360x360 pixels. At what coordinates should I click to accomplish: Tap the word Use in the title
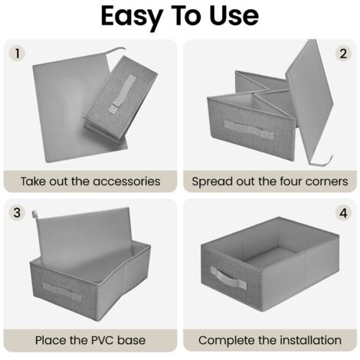[234, 16]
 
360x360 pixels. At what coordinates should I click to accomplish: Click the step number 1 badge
[17, 54]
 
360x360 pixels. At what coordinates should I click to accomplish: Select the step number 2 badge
[343, 54]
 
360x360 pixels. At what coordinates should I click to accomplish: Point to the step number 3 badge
[17, 213]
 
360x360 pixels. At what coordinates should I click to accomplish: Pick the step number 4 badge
[343, 213]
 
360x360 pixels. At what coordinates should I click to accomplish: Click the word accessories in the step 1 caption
[126, 182]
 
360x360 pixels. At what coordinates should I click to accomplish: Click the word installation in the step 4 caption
[310, 340]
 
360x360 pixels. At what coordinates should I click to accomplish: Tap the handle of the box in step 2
[249, 129]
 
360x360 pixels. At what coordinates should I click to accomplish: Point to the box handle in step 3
[62, 291]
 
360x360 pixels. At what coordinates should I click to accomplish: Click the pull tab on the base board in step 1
[116, 51]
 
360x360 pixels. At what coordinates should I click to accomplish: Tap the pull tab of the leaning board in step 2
[322, 162]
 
